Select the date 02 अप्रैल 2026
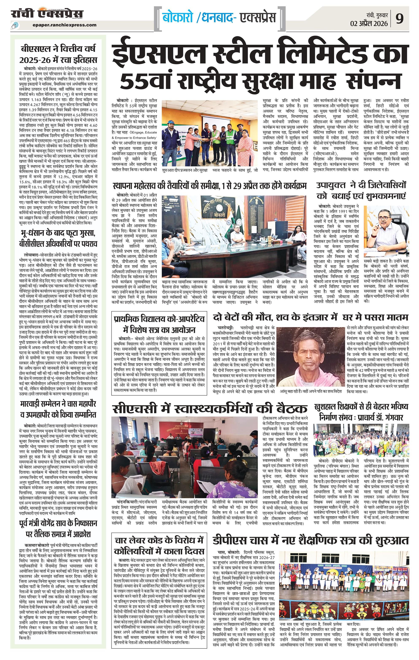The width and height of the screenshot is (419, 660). tap(369, 24)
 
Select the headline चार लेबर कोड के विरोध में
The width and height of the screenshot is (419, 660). tap(159, 533)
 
